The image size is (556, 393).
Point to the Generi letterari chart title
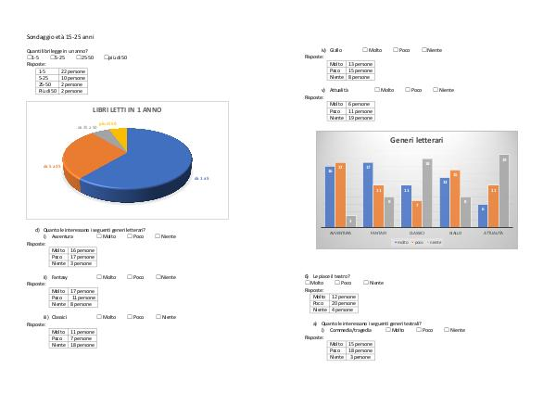[416, 140]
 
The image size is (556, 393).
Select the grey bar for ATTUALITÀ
[503, 190]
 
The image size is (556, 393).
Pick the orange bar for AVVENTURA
[340, 193]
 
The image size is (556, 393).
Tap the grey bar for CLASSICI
[427, 193]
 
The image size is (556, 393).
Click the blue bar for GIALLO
[445, 201]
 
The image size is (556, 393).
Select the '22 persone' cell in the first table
[72, 70]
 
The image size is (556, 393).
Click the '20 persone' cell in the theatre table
[344, 302]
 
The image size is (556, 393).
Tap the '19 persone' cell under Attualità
[360, 118]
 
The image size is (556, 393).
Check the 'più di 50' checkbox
[104, 57]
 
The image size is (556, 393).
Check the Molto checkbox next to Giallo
[364, 49]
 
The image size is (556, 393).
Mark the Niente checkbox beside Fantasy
[158, 277]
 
